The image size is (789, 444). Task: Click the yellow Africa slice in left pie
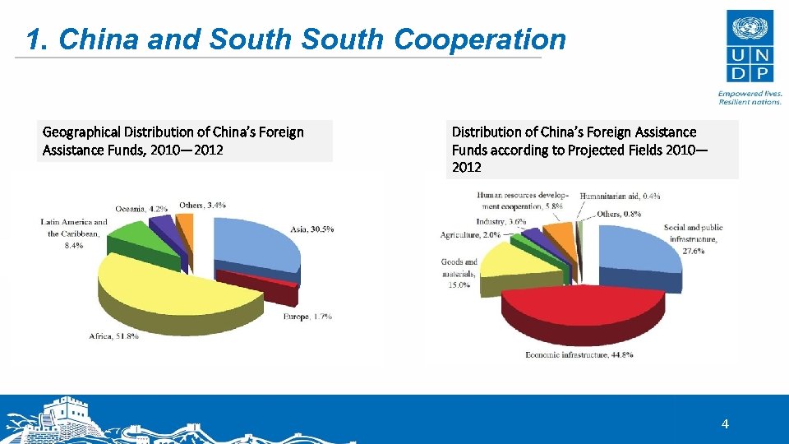click(164, 288)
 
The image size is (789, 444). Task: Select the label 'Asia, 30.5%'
click(311, 229)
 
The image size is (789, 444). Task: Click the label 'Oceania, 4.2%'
click(142, 208)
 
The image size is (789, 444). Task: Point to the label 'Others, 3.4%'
click(202, 204)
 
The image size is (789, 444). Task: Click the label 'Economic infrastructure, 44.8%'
click(579, 355)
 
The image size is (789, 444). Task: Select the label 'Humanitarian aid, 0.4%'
click(621, 197)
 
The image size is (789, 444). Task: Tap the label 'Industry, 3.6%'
click(501, 222)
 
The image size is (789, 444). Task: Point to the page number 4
click(724, 424)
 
